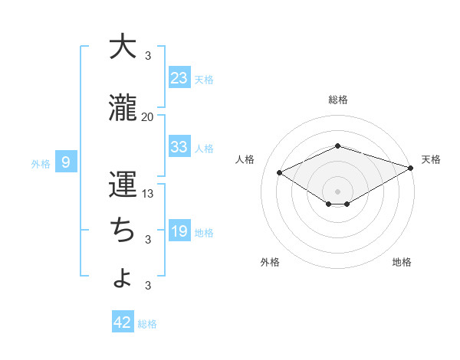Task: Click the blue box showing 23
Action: (179, 77)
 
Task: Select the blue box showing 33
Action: (179, 147)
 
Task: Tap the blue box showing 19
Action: (179, 231)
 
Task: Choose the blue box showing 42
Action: (123, 322)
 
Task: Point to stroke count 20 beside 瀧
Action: (147, 117)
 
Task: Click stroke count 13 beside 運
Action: (148, 194)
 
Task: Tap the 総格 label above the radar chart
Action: (338, 100)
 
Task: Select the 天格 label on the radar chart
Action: (431, 159)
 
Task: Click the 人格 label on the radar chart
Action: (245, 159)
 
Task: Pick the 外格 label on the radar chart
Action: (270, 262)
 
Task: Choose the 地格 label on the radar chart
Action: (402, 262)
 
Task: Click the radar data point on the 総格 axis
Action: (338, 146)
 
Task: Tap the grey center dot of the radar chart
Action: (338, 191)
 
